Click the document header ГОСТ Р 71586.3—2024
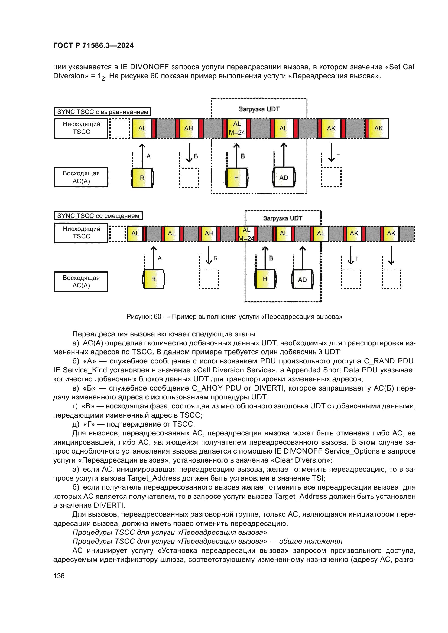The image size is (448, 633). point(93,45)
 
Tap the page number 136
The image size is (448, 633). point(59,576)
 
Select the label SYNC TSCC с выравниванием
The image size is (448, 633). point(103,112)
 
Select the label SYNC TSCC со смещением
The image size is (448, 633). point(98,216)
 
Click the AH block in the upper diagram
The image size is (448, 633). point(189,128)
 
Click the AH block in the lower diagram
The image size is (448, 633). point(209,233)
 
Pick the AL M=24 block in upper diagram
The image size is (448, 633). point(237,128)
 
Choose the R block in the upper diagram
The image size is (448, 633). point(142,178)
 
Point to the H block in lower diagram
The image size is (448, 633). point(265,279)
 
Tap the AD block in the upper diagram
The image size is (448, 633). point(284,178)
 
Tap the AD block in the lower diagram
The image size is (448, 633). point(302,280)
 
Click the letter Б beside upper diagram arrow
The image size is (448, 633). point(196,156)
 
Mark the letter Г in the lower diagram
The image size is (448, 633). point(357,259)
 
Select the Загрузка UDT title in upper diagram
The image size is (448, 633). point(259,109)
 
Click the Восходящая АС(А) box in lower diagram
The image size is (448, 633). point(81,281)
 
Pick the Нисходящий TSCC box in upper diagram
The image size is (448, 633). point(81,128)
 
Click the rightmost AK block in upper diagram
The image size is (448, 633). point(378,128)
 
